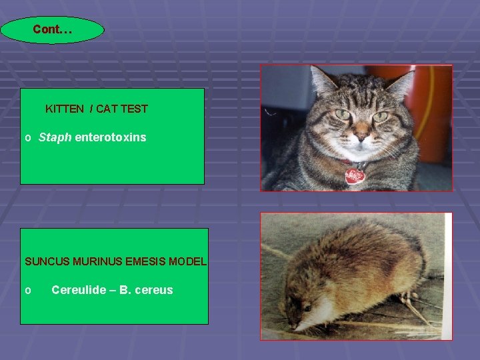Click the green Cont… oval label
pos(53,30)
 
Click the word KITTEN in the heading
pos(65,109)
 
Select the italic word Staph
pos(55,138)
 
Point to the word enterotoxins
pos(110,138)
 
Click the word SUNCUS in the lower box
pos(45,261)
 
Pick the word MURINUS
pos(95,261)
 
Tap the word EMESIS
pos(145,261)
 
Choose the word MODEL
pos(187,261)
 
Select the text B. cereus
pos(145,290)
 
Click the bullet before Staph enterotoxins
pos(27,139)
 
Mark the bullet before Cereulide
pos(27,291)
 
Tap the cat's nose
pos(361,137)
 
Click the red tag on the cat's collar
pos(355,176)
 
